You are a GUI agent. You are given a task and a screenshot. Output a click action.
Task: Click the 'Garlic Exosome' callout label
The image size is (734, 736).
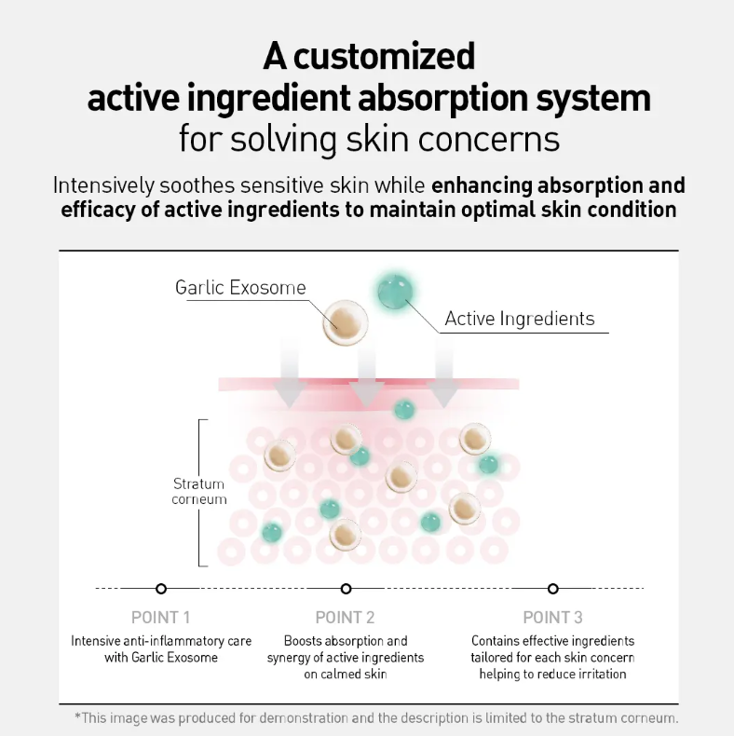click(240, 287)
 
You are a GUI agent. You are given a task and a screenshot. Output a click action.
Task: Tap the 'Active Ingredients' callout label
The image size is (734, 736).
click(520, 319)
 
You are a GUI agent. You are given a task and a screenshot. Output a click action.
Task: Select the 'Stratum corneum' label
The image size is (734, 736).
click(199, 492)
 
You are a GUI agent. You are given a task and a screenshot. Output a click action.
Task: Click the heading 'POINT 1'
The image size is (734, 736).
click(161, 618)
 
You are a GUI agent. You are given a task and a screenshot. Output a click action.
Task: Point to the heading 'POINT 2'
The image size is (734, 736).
click(345, 618)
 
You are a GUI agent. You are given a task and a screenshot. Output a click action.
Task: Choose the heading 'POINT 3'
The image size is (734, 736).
click(553, 618)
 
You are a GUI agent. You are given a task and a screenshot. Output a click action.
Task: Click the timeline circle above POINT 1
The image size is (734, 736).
click(161, 589)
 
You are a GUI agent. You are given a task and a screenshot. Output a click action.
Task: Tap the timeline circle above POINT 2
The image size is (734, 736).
click(346, 589)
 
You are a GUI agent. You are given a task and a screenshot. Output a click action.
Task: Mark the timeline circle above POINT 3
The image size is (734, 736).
click(553, 589)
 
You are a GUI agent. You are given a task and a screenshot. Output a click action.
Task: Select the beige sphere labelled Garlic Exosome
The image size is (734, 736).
click(346, 323)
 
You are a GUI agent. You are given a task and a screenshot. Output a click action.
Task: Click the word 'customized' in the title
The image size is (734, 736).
click(385, 57)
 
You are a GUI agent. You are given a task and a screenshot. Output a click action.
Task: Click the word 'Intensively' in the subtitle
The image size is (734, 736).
click(103, 185)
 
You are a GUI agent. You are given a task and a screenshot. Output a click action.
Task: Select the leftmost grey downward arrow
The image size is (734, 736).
click(290, 372)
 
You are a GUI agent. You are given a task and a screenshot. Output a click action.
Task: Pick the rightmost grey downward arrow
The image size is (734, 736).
click(443, 372)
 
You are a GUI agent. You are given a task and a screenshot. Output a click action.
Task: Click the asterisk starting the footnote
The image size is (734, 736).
click(78, 716)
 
